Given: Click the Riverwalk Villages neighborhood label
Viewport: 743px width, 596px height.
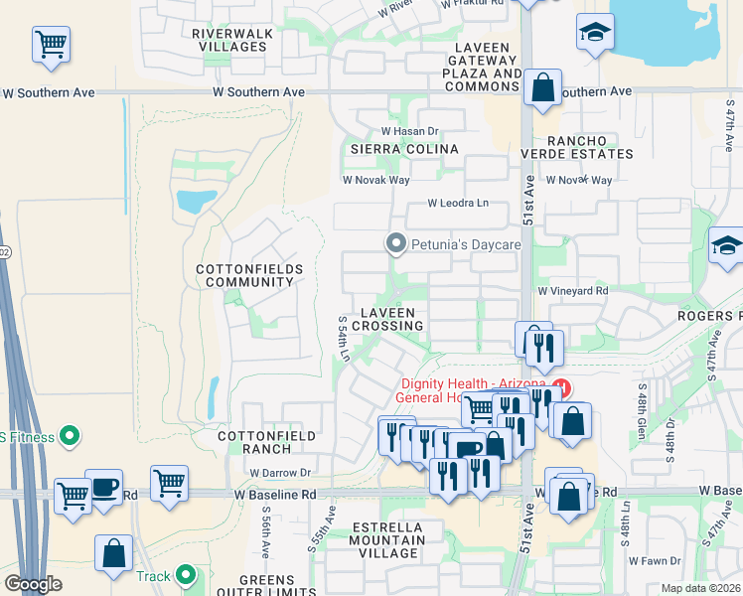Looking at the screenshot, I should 232,40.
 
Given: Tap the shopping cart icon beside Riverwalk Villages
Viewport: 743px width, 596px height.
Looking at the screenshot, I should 51,45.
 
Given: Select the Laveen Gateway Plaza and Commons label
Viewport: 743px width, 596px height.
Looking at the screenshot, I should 482,67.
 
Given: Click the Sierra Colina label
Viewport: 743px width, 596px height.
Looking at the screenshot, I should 403,149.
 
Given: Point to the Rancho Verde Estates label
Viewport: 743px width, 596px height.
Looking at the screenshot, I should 576,147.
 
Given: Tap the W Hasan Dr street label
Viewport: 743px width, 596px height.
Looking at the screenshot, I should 410,131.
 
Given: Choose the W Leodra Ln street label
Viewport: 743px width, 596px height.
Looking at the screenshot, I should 458,204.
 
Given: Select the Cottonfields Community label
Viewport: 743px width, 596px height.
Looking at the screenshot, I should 244,275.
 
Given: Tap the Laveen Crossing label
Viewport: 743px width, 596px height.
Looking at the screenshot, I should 387,318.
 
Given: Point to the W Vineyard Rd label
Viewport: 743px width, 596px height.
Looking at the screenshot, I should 572,291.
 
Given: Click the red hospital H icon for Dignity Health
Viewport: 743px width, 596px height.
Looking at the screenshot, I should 562,386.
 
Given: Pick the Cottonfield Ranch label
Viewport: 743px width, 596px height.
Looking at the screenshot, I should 267,442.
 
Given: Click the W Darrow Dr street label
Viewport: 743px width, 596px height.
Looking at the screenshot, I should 280,473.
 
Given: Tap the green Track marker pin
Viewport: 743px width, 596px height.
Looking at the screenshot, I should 185,575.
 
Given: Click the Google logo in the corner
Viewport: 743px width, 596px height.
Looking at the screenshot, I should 33,584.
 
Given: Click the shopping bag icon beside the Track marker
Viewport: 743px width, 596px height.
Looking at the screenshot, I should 113,553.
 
